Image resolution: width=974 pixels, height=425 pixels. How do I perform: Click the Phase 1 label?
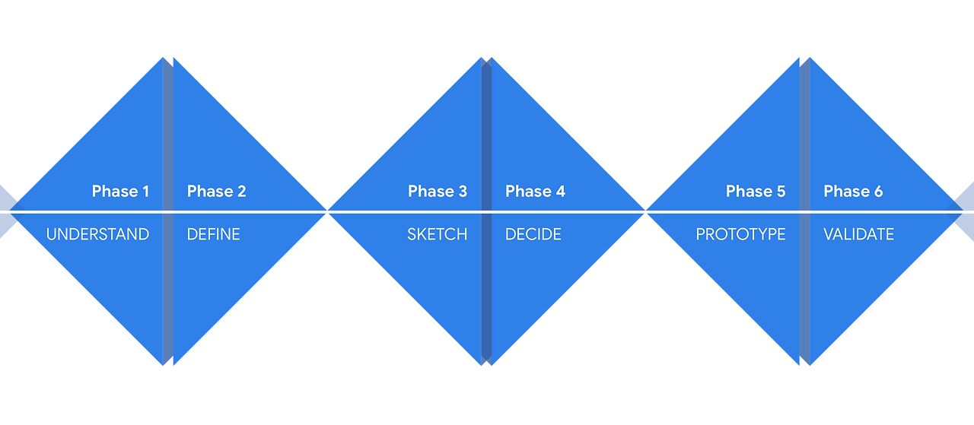tap(120, 192)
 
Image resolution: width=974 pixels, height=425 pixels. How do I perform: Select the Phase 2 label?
tap(216, 192)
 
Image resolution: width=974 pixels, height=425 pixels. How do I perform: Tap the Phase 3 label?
tap(438, 192)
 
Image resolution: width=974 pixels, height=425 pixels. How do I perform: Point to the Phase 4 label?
tap(535, 192)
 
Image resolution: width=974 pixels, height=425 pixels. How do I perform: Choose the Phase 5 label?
tap(756, 192)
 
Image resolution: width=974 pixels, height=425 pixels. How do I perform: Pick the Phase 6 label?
tap(853, 192)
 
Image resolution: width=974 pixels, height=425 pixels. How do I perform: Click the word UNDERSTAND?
tap(97, 234)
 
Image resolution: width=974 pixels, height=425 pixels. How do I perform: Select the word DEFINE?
tap(213, 234)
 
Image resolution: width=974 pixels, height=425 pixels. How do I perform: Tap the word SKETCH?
tap(438, 234)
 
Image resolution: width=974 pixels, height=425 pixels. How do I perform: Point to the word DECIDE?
tap(533, 234)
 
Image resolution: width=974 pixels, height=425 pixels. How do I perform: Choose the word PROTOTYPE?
tap(740, 234)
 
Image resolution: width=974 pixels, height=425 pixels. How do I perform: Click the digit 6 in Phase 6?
tap(878, 192)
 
